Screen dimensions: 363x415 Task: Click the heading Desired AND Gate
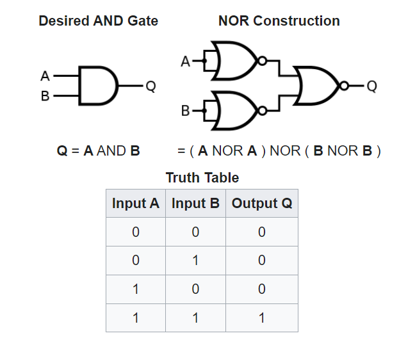tap(98, 20)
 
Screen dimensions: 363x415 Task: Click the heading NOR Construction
tap(279, 20)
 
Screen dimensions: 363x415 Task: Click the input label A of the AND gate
tap(45, 76)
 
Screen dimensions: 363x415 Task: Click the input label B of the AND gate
tap(45, 96)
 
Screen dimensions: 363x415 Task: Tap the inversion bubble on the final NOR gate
tap(345, 85)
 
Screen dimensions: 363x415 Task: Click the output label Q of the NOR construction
tap(372, 86)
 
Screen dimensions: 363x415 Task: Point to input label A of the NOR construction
tap(186, 62)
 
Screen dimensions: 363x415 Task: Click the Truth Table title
tap(202, 177)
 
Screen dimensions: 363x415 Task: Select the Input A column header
tap(135, 204)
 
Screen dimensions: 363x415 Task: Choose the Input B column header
tap(195, 204)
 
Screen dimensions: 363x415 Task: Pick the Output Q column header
tap(261, 204)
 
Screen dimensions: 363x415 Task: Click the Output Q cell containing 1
tap(261, 318)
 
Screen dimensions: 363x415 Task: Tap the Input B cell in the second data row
tap(195, 261)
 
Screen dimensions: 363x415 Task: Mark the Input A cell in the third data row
tap(135, 289)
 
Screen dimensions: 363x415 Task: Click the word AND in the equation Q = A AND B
tap(112, 152)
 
